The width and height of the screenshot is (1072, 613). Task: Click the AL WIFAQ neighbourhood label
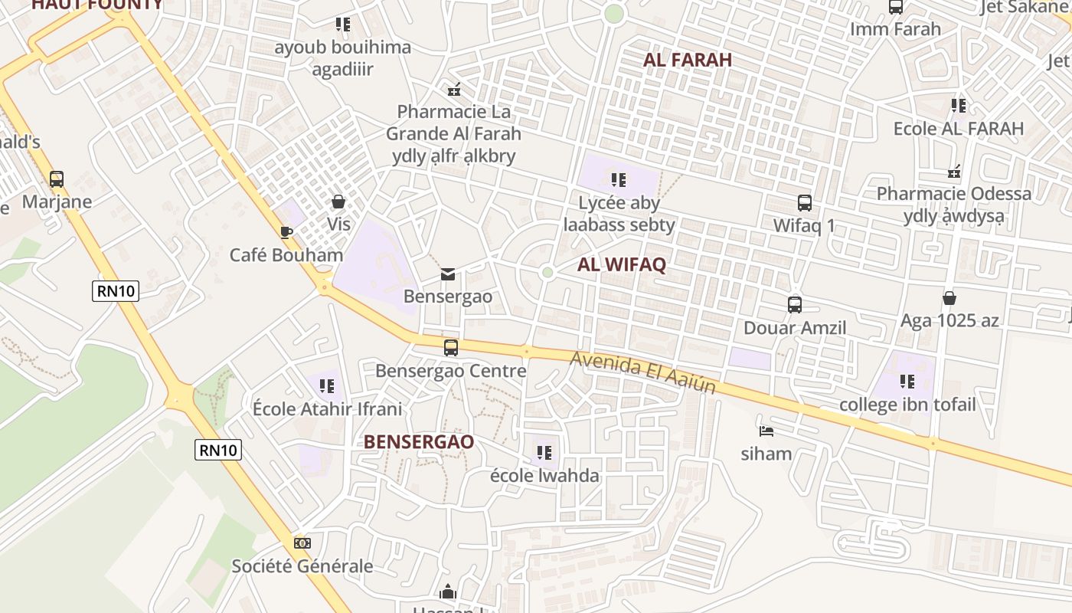click(622, 265)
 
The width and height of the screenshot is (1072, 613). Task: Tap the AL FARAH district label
click(688, 60)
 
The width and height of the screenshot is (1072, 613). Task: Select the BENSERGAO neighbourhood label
click(419, 442)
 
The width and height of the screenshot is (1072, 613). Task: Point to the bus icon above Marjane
click(57, 179)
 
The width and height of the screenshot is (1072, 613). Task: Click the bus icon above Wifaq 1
click(805, 203)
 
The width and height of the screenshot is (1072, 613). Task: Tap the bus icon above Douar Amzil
click(795, 305)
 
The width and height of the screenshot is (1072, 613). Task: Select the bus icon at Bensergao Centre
click(451, 348)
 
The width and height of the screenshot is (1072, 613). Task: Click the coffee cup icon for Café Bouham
click(286, 232)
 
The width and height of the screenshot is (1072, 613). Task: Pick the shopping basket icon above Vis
click(338, 202)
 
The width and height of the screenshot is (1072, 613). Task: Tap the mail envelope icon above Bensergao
click(448, 274)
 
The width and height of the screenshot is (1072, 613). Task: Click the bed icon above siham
click(766, 431)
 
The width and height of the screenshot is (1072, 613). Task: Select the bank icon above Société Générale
click(302, 543)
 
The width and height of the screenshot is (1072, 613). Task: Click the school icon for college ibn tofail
click(907, 381)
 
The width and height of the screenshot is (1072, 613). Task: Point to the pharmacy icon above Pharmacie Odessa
click(954, 171)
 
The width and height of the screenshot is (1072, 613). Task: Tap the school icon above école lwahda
click(544, 452)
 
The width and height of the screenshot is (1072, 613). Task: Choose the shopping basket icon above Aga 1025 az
click(949, 298)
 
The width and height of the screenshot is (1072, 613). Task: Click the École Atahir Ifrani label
click(327, 408)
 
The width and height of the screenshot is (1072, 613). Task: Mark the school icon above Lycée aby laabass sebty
click(619, 180)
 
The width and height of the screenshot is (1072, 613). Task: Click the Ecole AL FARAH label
click(959, 128)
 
